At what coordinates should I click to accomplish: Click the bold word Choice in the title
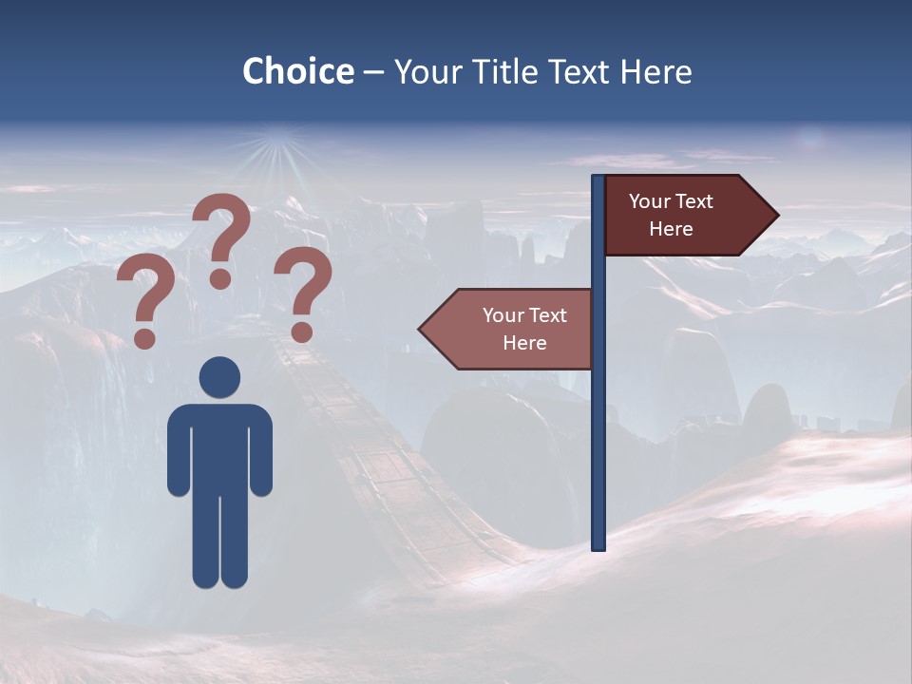click(x=297, y=71)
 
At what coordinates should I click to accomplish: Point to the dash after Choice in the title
click(x=373, y=72)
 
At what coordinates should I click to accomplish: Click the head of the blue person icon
click(x=219, y=377)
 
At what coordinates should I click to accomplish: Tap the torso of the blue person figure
click(x=219, y=446)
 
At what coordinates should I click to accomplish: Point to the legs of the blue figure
click(x=219, y=541)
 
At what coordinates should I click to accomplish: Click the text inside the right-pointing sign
click(x=671, y=215)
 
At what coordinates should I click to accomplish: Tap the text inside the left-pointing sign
click(x=524, y=329)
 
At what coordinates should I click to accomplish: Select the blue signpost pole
click(x=598, y=427)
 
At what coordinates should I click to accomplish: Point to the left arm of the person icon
click(x=178, y=451)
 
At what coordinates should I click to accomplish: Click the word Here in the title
click(x=655, y=71)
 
